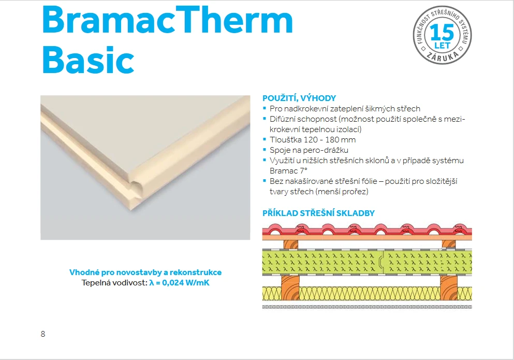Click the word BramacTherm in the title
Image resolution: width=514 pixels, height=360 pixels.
coord(168,20)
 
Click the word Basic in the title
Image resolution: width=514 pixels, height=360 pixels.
coord(88,60)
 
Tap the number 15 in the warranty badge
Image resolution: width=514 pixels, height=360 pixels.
coord(442,32)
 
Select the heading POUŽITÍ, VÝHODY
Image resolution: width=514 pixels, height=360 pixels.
coord(299,98)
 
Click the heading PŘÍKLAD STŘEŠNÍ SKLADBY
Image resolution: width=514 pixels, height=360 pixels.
coord(318,213)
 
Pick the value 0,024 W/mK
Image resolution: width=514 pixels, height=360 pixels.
coord(185,282)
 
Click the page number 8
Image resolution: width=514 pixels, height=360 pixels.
coord(43,334)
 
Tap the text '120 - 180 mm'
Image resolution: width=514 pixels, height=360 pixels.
coord(329,140)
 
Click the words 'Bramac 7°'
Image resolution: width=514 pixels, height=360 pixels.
coord(288,171)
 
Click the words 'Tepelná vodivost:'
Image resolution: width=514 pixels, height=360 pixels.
coord(114,282)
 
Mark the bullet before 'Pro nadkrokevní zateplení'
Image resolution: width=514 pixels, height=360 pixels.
coord(265,108)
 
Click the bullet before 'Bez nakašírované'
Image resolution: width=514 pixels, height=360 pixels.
coord(265,180)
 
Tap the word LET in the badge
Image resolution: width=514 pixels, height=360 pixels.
coord(442,45)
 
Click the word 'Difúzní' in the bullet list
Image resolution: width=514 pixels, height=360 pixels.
coord(282,119)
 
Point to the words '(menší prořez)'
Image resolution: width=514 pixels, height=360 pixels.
coord(342,192)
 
